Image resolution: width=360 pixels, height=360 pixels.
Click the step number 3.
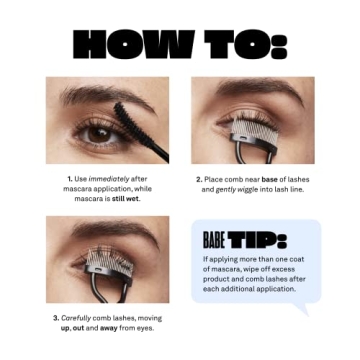tap(56, 317)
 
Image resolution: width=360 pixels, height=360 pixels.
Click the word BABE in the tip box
tap(213, 240)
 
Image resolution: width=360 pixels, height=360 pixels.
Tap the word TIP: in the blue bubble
tap(257, 240)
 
